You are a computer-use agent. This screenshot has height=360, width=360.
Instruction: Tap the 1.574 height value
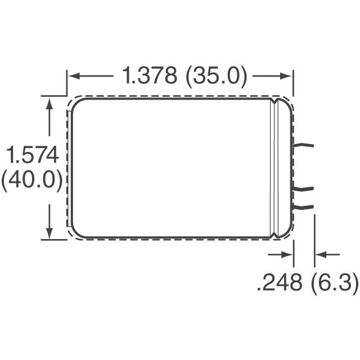point(33,155)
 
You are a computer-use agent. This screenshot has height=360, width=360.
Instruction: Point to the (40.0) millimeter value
point(31,182)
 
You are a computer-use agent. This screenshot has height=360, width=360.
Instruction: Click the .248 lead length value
point(280,283)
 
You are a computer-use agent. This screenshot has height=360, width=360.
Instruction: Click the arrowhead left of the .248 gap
point(289,255)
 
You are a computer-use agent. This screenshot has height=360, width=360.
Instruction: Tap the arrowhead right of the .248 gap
point(319,255)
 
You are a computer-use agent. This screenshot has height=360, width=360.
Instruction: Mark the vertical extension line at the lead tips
point(314,239)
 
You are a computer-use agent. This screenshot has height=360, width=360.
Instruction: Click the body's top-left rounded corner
point(76,104)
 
